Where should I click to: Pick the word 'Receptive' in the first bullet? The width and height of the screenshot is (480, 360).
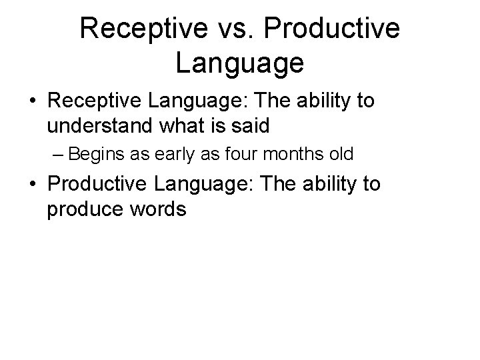click(96, 102)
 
